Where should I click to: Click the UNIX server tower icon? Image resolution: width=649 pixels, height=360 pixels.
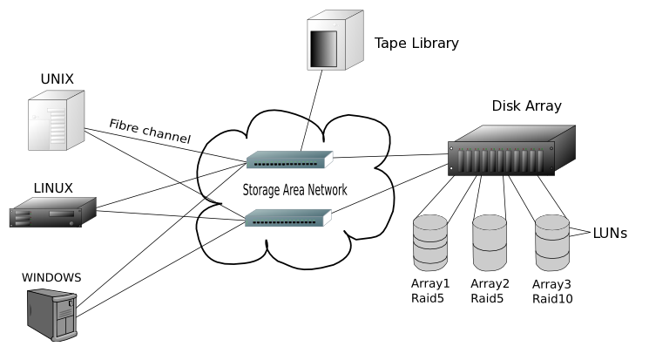[57, 120]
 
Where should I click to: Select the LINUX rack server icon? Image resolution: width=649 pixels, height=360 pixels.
[53, 212]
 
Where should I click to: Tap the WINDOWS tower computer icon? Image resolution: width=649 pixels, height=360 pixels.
[52, 315]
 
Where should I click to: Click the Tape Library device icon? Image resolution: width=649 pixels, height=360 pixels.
[335, 40]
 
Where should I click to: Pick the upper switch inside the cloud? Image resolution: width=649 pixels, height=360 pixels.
[290, 160]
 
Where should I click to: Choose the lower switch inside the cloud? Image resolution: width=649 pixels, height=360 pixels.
[288, 218]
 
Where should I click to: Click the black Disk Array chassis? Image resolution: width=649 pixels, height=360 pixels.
[511, 150]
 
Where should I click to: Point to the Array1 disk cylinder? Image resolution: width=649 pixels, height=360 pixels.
[430, 242]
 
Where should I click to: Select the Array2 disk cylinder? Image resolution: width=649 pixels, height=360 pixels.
[490, 242]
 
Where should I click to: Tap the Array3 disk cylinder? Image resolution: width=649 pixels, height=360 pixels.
[552, 243]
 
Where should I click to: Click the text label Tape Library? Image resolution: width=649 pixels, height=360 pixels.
[416, 43]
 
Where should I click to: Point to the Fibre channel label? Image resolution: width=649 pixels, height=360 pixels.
[150, 131]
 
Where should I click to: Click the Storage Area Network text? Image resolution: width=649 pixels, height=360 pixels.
[294, 190]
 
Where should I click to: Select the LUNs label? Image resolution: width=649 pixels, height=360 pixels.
[610, 234]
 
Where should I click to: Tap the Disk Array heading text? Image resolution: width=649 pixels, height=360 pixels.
[526, 106]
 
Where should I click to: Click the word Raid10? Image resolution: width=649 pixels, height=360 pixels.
[552, 299]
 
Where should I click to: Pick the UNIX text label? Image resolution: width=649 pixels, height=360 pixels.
[57, 78]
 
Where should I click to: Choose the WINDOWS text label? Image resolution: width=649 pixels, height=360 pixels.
[51, 277]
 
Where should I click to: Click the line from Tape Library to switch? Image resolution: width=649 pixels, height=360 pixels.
[312, 111]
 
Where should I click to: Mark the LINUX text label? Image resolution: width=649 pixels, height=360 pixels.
[53, 188]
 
